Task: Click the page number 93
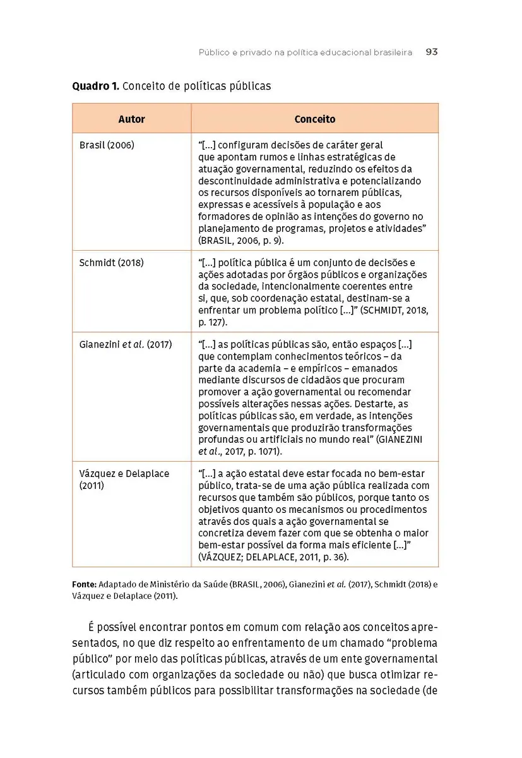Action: (x=432, y=52)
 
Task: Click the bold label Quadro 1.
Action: (x=95, y=86)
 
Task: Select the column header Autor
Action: (x=131, y=119)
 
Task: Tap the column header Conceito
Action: (x=315, y=119)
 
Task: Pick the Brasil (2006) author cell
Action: (x=107, y=145)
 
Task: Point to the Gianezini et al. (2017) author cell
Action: (x=126, y=345)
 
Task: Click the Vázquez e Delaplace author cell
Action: (x=124, y=479)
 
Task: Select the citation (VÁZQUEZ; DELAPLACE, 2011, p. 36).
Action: (x=273, y=557)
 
